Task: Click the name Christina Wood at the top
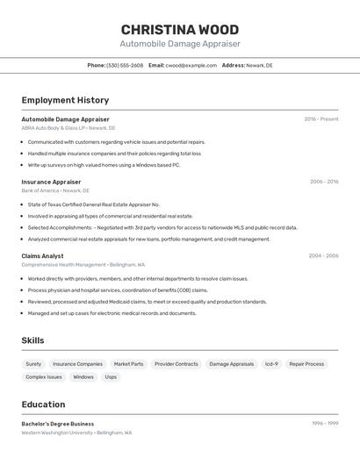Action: [179, 29]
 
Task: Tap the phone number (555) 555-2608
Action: [125, 65]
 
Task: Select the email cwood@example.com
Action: [191, 65]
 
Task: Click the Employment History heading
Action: [65, 100]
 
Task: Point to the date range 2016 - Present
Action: [320, 118]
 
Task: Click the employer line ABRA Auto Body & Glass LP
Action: [68, 128]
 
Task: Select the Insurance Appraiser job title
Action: [51, 182]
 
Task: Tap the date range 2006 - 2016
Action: [324, 182]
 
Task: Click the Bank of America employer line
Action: [56, 190]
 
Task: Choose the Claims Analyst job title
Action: [42, 255]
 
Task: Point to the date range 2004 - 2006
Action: [323, 255]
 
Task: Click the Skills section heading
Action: [32, 340]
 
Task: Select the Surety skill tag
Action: [33, 364]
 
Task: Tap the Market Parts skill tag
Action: [128, 364]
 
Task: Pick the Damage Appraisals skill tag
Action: [231, 364]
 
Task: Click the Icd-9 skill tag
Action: [271, 364]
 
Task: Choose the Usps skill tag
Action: [111, 377]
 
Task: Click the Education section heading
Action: [43, 404]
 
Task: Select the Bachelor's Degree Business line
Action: [57, 423]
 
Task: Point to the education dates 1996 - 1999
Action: [325, 423]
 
